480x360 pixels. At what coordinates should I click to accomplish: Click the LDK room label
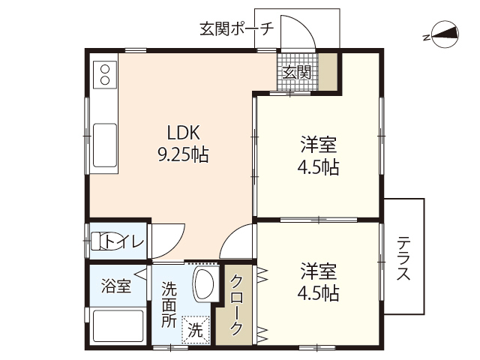[182, 133]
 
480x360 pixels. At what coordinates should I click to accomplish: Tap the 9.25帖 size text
[182, 155]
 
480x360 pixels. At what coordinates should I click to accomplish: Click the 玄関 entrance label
[297, 72]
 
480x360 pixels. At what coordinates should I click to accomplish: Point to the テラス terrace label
[404, 259]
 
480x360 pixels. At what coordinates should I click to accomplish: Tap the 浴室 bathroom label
[116, 286]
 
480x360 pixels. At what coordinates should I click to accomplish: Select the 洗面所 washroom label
[170, 304]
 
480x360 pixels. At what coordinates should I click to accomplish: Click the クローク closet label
[237, 304]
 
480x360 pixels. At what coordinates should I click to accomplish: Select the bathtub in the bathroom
[116, 325]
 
